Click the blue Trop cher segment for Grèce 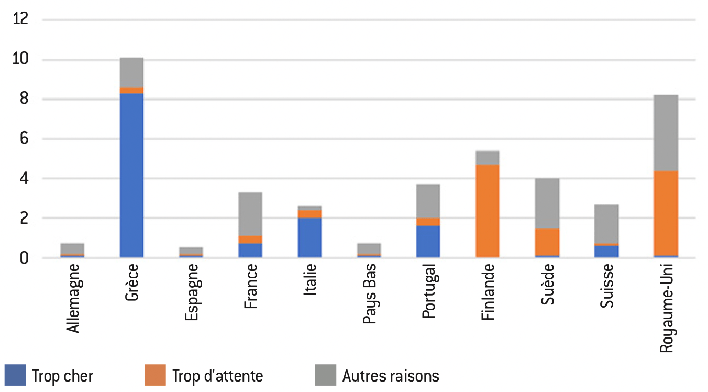[131, 175]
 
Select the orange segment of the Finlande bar [488, 211]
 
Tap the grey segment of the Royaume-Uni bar [666, 133]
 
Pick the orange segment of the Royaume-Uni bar [666, 213]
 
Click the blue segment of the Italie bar [309, 237]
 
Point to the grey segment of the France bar [250, 214]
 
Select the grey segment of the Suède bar [547, 203]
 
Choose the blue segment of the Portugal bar [428, 242]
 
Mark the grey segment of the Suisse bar [606, 224]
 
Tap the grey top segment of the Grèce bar [131, 72]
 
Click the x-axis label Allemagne [73, 298]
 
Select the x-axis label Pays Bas [370, 293]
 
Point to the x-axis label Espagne [192, 292]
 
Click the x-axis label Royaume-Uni [667, 308]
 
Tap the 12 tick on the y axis [20, 18]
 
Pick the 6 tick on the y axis [24, 138]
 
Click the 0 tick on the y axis [24, 258]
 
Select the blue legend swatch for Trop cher [15, 375]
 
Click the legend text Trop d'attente [217, 376]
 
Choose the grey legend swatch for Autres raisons [326, 375]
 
